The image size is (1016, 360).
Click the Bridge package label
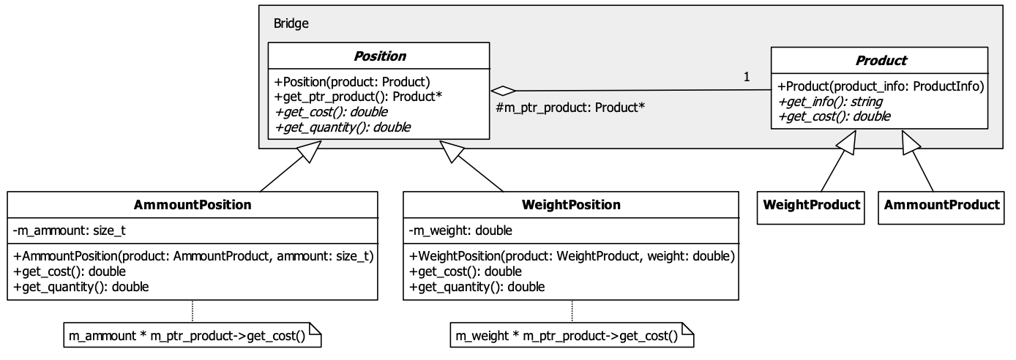[x=291, y=23]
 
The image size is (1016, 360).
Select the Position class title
[x=380, y=56]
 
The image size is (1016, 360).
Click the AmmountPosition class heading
[x=193, y=205]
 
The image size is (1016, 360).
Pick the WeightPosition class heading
[x=572, y=205]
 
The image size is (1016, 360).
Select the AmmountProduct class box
[x=941, y=205]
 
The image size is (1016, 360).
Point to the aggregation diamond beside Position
[x=501, y=91]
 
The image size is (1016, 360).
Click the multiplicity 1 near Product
[x=746, y=77]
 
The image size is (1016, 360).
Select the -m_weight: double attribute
[x=460, y=231]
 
